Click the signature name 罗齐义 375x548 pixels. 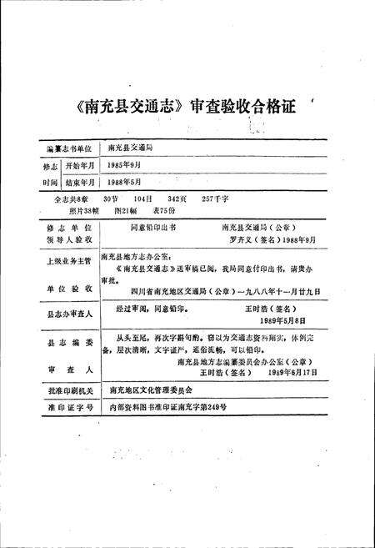237,239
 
